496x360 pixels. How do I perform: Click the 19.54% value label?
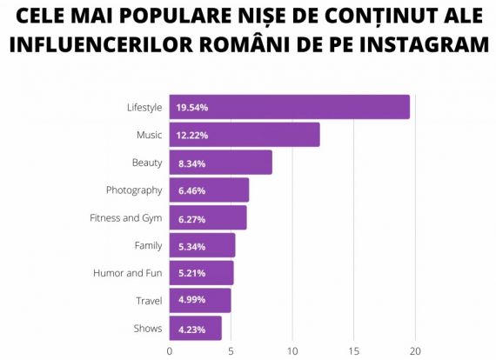click(x=191, y=108)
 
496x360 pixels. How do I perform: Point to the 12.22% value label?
click(x=191, y=136)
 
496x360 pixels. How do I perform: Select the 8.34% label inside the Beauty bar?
click(x=191, y=163)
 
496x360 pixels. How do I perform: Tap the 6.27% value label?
click(x=191, y=218)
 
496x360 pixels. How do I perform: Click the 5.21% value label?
click(x=191, y=273)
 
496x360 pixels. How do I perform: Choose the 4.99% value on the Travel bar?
click(x=191, y=301)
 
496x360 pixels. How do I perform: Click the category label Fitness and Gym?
click(x=126, y=217)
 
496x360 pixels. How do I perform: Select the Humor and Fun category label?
click(x=128, y=273)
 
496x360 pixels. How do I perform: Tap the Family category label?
click(x=148, y=245)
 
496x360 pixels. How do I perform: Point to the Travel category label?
click(x=149, y=301)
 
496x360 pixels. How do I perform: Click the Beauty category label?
click(x=147, y=163)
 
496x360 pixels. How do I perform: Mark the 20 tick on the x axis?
click(x=415, y=351)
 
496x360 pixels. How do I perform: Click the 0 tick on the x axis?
click(x=170, y=351)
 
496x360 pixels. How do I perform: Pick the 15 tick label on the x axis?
click(x=353, y=351)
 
